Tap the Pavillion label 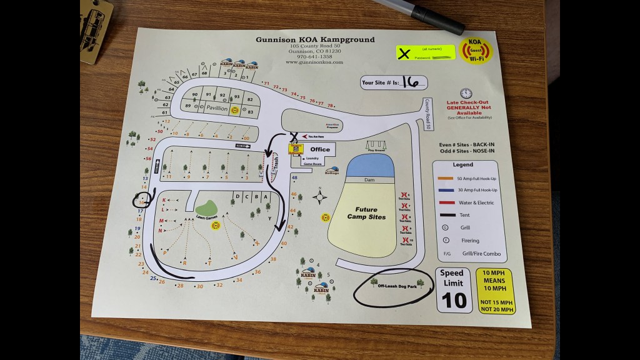click(x=212, y=108)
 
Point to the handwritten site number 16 click(x=410, y=82)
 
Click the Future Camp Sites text click(x=367, y=213)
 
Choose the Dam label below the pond click(x=369, y=179)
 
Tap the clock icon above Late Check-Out click(x=464, y=93)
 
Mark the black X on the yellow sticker click(x=406, y=52)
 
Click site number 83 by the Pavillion click(x=251, y=112)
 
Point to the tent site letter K click(x=164, y=201)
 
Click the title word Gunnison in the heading click(x=275, y=39)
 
